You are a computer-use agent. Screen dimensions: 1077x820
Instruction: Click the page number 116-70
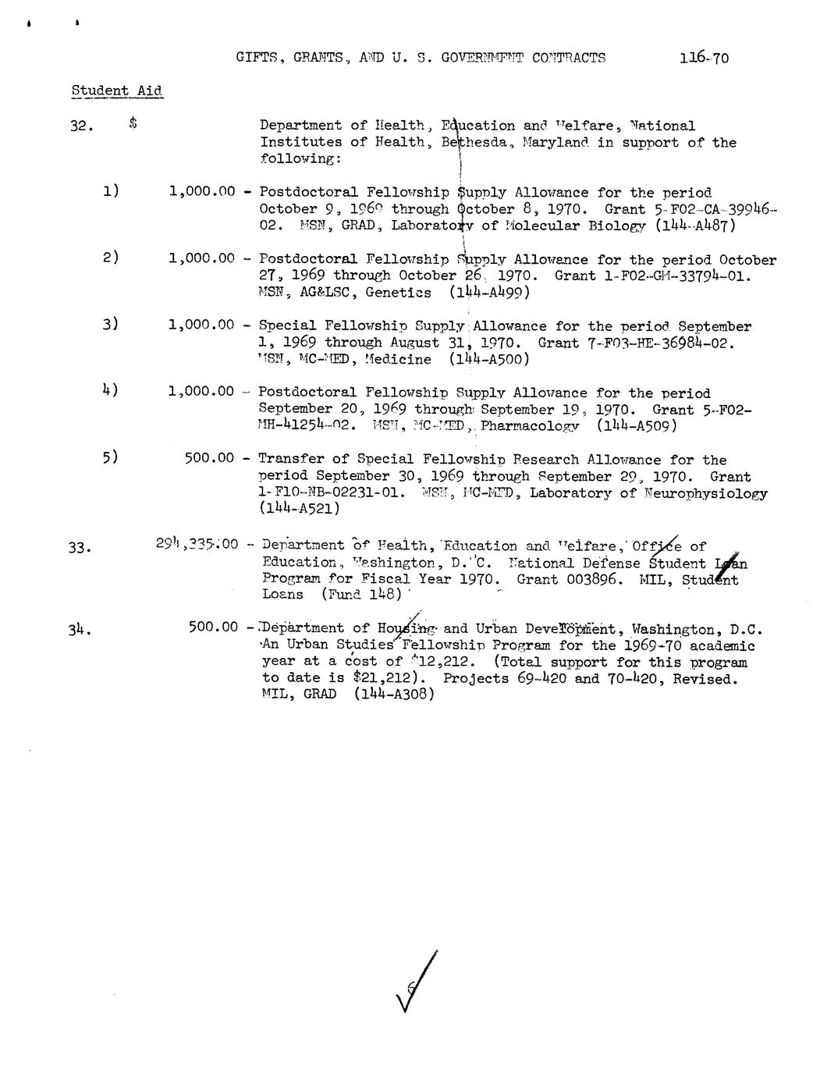point(704,58)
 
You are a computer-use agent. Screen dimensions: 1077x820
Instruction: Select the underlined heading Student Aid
point(117,91)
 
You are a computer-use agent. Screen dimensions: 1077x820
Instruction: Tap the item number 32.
point(82,126)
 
